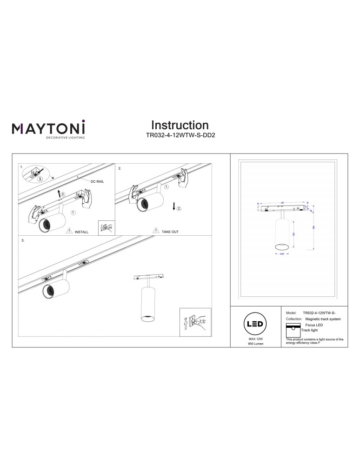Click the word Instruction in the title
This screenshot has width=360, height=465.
tap(180, 125)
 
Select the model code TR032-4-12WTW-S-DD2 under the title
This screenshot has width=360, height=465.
tap(180, 137)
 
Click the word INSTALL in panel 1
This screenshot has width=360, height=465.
tap(81, 231)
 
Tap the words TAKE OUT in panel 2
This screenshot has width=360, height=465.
tap(170, 231)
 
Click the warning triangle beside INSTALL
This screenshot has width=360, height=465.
tap(69, 230)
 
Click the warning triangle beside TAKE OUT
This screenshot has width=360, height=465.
tap(155, 230)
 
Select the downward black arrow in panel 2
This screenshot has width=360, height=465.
tap(173, 206)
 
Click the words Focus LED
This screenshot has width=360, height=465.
tap(314, 325)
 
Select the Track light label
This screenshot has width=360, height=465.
tap(310, 330)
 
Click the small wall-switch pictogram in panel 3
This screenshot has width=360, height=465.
tap(195, 321)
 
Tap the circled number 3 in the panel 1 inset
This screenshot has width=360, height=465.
tap(40, 178)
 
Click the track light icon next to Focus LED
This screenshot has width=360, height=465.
tap(293, 329)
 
